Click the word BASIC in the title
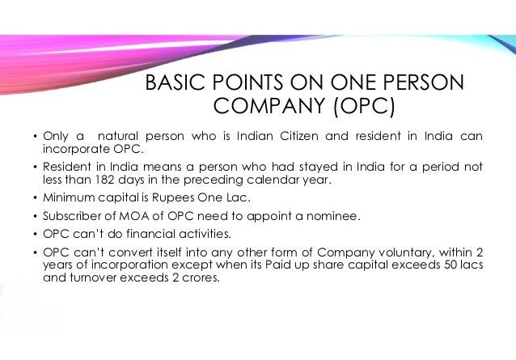tap(175, 83)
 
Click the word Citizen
tap(299, 136)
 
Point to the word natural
tap(118, 136)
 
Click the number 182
tap(105, 180)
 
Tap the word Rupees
tap(173, 197)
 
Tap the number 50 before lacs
tap(450, 265)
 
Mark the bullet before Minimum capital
tap(35, 197)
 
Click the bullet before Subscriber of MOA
tap(35, 216)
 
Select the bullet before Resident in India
tap(35, 167)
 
